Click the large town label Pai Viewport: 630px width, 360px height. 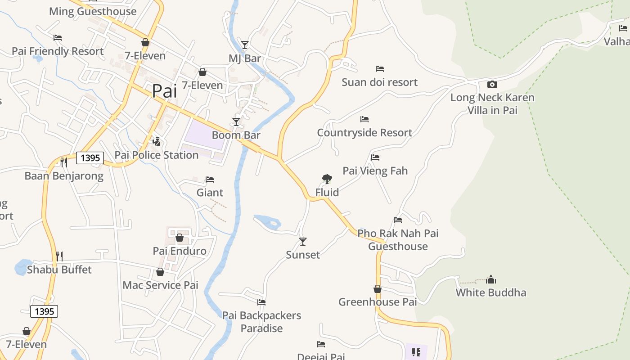tap(164, 91)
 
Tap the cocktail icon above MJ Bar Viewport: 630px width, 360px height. tap(245, 45)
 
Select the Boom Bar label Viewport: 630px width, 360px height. tap(236, 135)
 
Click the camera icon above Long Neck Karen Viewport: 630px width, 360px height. tap(492, 84)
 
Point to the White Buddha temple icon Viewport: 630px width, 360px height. tap(491, 279)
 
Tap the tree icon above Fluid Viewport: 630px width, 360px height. tap(327, 179)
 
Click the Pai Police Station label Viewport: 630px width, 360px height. tap(156, 155)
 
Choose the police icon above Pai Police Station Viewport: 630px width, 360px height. tap(156, 142)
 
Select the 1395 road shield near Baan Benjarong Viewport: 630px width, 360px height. tap(90, 158)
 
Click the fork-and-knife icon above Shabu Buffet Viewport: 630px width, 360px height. tap(59, 256)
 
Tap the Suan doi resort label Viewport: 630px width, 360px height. tap(379, 82)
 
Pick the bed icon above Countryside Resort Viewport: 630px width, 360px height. tap(364, 119)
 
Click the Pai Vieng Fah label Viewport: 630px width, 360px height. tap(375, 171)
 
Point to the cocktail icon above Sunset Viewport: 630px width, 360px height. tap(303, 242)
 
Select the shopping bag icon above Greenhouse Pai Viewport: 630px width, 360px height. tap(378, 289)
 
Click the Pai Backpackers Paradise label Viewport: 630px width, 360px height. tap(261, 322)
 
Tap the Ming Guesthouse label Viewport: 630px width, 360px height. tap(93, 11)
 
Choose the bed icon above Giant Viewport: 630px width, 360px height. tap(210, 180)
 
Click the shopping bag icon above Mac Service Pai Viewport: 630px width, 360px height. tap(160, 272)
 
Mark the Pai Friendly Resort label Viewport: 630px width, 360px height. tap(58, 51)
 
